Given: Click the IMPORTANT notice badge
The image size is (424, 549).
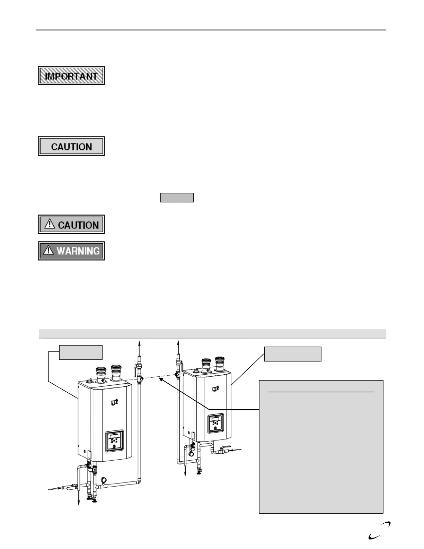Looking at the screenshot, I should (x=71, y=76).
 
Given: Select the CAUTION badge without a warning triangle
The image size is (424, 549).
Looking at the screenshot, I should (x=71, y=146).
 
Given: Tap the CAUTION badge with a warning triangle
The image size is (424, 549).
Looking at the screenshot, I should (x=71, y=225).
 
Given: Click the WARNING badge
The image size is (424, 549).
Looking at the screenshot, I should (x=71, y=251).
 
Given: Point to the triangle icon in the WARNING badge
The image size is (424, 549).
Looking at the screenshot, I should (x=48, y=250).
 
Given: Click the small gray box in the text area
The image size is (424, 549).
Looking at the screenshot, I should (x=177, y=198).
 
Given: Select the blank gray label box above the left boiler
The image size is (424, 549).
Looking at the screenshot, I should (x=80, y=352).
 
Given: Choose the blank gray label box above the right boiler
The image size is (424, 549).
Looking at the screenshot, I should (x=293, y=354).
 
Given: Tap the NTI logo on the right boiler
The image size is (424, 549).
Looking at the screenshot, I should (x=215, y=389).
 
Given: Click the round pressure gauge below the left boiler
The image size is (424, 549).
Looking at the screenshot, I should (x=104, y=480).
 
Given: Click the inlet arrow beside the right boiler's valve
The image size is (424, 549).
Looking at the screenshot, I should (x=236, y=451).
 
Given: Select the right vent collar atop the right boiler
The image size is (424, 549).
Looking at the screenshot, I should (x=220, y=363).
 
